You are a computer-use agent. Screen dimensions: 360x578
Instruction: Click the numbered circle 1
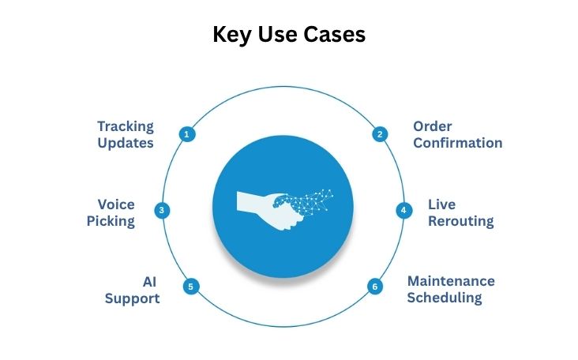tap(187, 134)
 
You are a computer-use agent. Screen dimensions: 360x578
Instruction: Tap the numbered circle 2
tap(380, 134)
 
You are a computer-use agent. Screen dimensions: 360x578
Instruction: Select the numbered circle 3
tap(161, 211)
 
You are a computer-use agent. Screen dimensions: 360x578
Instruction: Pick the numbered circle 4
tap(403, 211)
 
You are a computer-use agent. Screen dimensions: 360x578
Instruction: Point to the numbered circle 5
tap(190, 287)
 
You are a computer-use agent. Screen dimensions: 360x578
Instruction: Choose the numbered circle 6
tap(375, 287)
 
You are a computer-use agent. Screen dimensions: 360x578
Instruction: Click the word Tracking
tap(126, 126)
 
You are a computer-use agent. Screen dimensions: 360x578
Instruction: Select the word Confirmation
tap(457, 143)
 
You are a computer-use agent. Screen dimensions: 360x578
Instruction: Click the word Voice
tap(116, 204)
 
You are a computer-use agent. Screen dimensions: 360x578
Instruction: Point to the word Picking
tap(111, 221)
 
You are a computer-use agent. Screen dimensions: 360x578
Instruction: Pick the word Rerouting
tap(460, 221)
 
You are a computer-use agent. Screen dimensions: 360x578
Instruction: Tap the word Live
tap(441, 204)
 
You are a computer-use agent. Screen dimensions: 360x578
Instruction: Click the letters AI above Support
tap(149, 281)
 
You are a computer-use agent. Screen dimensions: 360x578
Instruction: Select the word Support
tap(133, 298)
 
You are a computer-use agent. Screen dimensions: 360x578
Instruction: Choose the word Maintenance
tap(451, 281)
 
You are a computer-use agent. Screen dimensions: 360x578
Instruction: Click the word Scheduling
tap(445, 298)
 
